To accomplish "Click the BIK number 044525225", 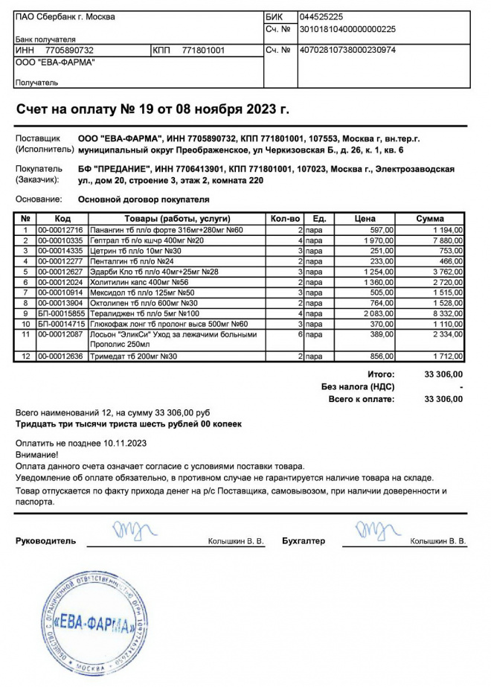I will point(321,16).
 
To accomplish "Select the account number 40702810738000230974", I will point(347,51).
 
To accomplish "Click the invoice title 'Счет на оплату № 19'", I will point(153,109).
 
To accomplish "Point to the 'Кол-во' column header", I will point(286,219).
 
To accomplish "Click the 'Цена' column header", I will point(365,219).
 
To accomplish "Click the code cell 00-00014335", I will point(61,252).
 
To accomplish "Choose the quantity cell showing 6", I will point(300,336).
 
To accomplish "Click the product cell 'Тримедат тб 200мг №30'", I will point(134,357).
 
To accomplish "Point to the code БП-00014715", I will point(61,325).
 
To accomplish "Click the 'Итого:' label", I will point(381,374).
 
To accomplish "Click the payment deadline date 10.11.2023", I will point(126,443).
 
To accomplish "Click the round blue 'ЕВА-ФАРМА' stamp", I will point(94,622).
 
